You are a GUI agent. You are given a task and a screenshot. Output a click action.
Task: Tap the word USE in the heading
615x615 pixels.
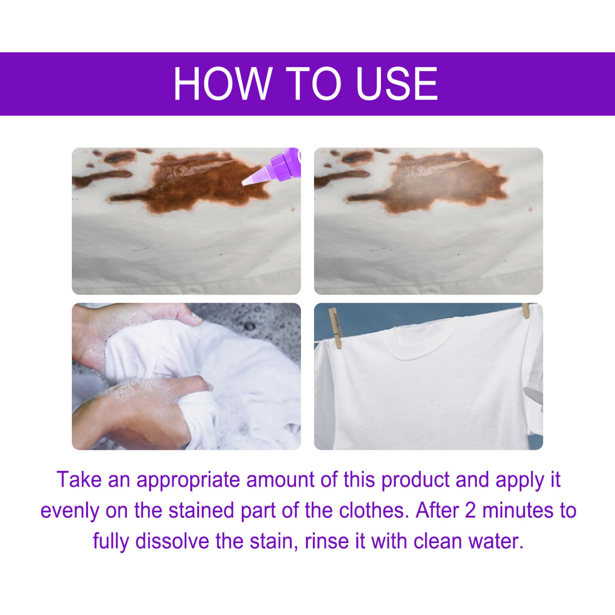(396, 83)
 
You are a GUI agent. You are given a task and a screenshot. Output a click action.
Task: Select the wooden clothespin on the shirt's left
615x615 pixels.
(335, 328)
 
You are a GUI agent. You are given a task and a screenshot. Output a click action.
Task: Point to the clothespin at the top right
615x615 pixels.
(526, 310)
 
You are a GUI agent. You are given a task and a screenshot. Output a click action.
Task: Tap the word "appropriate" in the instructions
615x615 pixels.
(188, 480)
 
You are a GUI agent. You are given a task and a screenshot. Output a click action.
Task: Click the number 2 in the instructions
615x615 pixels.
(470, 510)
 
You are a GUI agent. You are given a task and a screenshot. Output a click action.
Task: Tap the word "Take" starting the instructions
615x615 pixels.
(79, 480)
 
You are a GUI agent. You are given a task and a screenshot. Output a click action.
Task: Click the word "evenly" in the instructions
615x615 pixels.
(69, 511)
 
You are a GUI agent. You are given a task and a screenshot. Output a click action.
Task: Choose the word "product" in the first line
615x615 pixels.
(415, 480)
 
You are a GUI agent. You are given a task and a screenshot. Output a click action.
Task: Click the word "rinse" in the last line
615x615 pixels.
(324, 541)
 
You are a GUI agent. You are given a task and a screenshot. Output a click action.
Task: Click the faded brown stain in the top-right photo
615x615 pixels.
(438, 183)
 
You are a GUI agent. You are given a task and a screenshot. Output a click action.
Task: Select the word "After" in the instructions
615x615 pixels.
(437, 510)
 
